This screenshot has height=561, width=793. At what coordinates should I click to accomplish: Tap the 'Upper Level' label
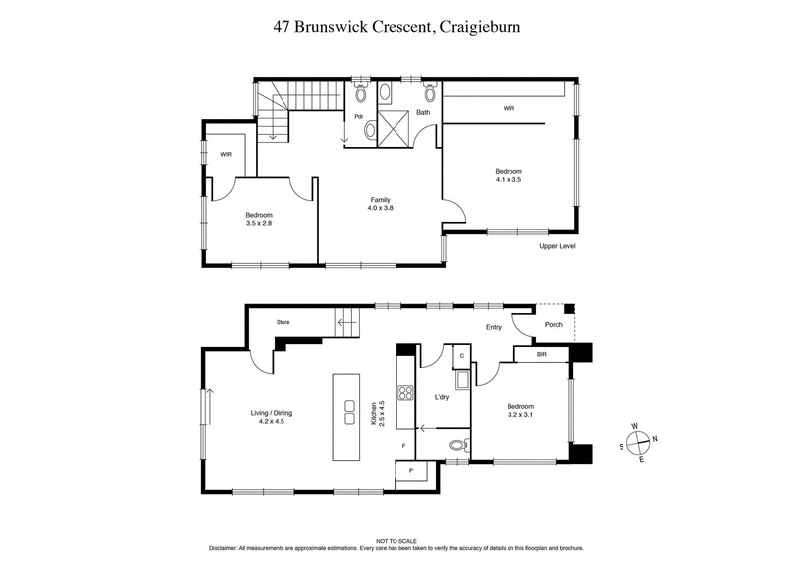coord(556,246)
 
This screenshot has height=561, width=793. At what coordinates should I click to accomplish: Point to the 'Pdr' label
coord(358,117)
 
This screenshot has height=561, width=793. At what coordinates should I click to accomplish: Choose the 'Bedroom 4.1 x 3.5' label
coord(509,175)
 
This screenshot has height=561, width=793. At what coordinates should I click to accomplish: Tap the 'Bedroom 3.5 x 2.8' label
coord(259,219)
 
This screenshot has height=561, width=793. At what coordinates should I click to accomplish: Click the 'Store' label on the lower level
coord(283,322)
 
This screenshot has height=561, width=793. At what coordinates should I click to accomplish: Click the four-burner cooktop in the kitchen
coord(404,391)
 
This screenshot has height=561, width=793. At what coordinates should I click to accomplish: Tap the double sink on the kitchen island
coord(350,411)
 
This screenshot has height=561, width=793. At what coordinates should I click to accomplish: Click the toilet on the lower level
coord(456,446)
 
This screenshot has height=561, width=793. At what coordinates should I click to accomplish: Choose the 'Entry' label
coord(493,327)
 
